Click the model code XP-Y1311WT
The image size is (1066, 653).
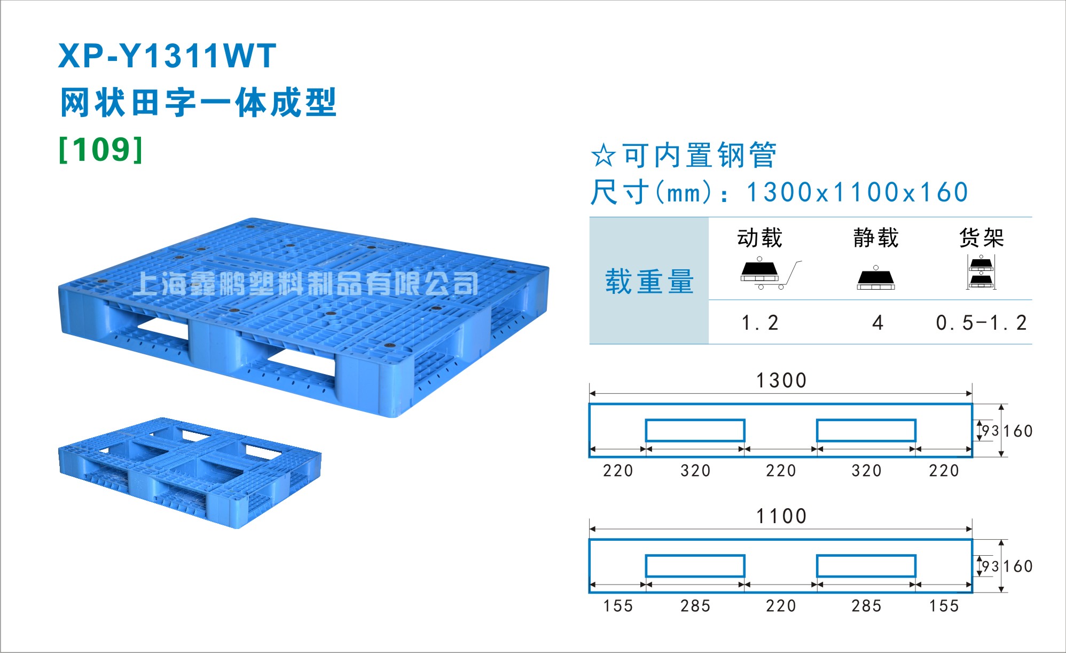pos(167,56)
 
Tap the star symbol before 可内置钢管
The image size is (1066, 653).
pos(603,155)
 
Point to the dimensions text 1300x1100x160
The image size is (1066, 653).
pos(857,192)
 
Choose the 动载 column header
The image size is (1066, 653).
pos(759,237)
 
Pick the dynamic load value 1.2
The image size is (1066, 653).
pos(760,323)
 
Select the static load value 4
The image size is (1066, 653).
pos(877,323)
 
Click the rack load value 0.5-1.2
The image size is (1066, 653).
pos(981,323)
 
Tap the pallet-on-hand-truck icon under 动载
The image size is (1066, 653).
pos(770,274)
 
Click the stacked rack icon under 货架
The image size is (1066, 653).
pos(981,272)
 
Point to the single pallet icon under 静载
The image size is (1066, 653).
pos(876,277)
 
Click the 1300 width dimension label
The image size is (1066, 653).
pos(781,380)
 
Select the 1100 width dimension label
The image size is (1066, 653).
pos(781,516)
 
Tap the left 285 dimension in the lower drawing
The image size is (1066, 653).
pos(695,606)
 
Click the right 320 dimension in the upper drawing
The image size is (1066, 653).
pos(866,471)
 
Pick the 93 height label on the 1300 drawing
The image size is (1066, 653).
pos(990,431)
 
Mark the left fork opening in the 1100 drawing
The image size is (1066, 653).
pos(695,566)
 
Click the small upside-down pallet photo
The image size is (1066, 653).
pos(190,473)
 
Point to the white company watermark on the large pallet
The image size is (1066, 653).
pos(305,283)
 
